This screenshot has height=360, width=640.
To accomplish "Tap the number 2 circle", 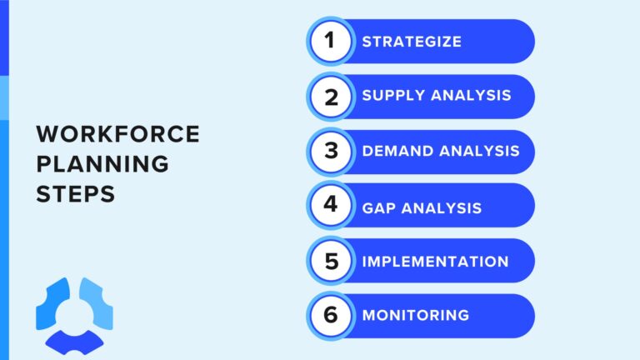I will tap(331, 97).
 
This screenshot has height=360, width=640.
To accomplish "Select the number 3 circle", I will tap(331, 152).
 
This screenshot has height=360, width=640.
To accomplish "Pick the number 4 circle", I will tap(331, 206).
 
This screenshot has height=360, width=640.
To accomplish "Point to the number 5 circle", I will tap(331, 261).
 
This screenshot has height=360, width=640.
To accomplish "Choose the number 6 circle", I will tap(331, 316).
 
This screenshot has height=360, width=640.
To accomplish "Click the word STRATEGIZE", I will tap(411, 42).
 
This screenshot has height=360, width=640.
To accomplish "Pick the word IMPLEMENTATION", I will tap(435, 262).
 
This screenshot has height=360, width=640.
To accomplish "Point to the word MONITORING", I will tap(415, 316).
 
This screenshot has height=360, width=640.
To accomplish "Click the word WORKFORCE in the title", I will tap(117, 135).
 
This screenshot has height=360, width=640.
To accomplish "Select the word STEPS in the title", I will tap(75, 193).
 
